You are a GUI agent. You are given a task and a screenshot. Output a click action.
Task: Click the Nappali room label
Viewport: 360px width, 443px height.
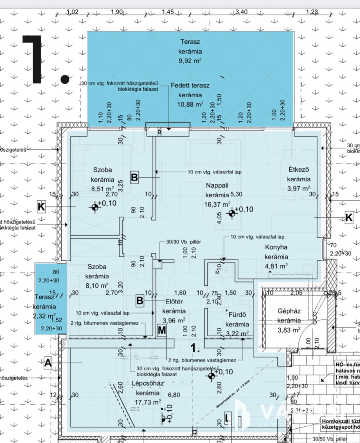(x=217, y=185)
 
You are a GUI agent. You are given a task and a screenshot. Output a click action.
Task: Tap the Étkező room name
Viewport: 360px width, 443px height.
(x=298, y=169)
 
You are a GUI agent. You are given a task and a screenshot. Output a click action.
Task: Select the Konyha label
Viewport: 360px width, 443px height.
(x=276, y=247)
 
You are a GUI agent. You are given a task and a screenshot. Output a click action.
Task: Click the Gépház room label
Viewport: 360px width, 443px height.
(x=289, y=311)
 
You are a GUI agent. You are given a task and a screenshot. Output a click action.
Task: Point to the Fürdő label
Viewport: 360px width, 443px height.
(x=237, y=315)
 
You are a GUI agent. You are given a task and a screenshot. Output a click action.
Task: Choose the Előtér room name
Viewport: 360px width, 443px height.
(x=174, y=301)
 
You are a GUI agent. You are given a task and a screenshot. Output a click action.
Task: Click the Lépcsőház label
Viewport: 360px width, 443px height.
(x=148, y=383)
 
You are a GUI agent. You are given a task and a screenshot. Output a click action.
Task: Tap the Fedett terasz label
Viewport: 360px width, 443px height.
(x=190, y=86)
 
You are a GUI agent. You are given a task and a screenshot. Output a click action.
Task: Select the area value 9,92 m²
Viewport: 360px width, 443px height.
(x=190, y=61)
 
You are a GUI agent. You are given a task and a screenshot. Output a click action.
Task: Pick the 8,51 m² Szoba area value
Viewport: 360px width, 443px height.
(x=102, y=189)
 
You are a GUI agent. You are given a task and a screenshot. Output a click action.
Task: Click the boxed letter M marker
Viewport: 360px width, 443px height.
(x=162, y=330)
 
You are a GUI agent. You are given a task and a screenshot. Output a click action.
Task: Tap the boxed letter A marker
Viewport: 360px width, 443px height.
(x=48, y=363)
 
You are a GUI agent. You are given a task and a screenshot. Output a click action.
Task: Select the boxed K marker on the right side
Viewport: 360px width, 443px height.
(x=349, y=217)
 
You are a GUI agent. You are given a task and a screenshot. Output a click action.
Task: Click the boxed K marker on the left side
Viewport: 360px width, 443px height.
(x=41, y=207)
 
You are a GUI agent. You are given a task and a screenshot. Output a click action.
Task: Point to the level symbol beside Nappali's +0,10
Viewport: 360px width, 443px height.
(x=232, y=214)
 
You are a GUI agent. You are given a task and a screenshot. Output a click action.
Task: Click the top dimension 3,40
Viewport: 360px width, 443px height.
(x=241, y=12)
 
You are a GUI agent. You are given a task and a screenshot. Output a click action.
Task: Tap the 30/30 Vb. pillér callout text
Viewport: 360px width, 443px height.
(x=183, y=242)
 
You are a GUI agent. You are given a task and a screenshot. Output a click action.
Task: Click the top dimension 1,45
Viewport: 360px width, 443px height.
(x=168, y=12)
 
